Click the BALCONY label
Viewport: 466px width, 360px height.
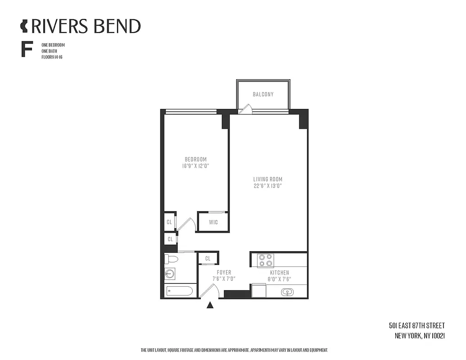coord(263,94)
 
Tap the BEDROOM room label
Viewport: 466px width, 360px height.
coord(196,159)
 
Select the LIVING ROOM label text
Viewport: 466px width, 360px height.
coord(267,179)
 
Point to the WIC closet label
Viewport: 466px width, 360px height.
coord(213,222)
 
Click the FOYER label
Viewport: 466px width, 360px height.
coord(224,273)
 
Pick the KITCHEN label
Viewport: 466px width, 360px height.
coord(279,273)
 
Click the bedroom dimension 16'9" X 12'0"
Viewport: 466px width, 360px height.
coord(196,166)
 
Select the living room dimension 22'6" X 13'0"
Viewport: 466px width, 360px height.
coord(267,186)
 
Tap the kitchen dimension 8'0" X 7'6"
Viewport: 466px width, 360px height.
coord(279,279)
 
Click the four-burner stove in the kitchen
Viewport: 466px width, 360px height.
coord(265,261)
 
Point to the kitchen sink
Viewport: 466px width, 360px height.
coord(287,292)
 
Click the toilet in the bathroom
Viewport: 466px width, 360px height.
coord(171,259)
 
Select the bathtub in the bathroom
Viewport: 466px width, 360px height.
coord(179,291)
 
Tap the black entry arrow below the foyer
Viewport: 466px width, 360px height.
coord(210,306)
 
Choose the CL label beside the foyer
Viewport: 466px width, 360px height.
coord(208,258)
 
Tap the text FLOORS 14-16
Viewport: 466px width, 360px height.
coord(52,57)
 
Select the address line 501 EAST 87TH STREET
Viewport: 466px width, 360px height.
coord(416,326)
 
